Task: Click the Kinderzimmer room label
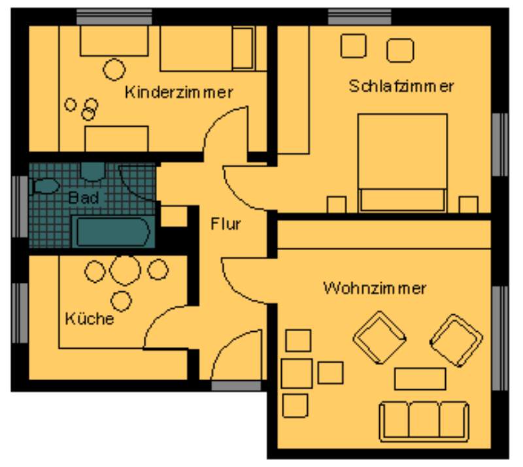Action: point(178,92)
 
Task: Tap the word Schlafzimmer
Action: point(401,86)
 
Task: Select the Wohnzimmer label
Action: point(375,288)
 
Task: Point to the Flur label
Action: point(226,223)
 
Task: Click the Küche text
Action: point(90,318)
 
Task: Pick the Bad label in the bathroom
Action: point(84,198)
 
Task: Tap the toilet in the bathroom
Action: point(45,186)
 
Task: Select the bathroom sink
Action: point(93,171)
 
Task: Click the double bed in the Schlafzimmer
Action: point(402,163)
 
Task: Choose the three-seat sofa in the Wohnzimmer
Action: point(424,422)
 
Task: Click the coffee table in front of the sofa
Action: point(420,379)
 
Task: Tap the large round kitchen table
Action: point(125,270)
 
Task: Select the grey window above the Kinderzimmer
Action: point(114,17)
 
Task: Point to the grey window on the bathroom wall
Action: point(20,206)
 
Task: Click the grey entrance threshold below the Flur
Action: point(236,385)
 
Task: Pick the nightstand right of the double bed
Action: point(468,204)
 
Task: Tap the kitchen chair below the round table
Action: point(121,301)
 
